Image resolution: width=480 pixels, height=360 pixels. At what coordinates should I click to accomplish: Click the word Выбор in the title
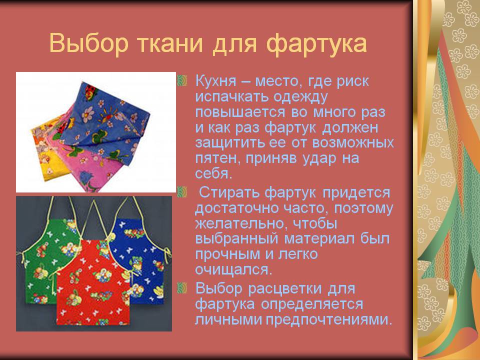[88, 43]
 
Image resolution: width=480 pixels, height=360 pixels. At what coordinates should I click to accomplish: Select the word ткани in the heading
[168, 43]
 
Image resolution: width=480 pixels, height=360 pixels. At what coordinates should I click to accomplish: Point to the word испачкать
[231, 96]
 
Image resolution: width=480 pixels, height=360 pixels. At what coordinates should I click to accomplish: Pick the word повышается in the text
[239, 112]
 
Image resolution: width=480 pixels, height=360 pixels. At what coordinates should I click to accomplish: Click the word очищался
[233, 269]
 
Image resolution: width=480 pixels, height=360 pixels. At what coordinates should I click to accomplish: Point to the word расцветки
[285, 288]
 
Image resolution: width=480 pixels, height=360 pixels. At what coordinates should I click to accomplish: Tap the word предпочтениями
[329, 320]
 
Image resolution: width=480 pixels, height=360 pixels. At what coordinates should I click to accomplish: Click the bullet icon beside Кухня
[182, 80]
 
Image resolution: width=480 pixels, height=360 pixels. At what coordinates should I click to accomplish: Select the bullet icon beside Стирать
[182, 192]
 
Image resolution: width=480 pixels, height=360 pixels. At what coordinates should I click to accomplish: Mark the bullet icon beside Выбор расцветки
[182, 288]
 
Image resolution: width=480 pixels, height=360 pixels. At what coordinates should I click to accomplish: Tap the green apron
[46, 260]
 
